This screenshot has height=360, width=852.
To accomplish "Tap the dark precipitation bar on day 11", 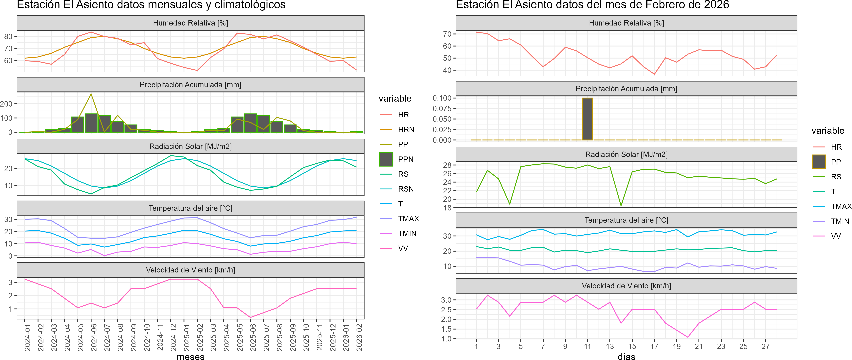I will pyautogui.click(x=587, y=119).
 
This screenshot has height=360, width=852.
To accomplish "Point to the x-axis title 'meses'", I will pyautogui.click(x=190, y=356).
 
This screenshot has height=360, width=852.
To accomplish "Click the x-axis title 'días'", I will pyautogui.click(x=626, y=356).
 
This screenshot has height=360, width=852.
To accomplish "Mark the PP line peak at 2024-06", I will pyautogui.click(x=91, y=94).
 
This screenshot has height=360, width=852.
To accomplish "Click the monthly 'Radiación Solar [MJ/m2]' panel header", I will pyautogui.click(x=190, y=146).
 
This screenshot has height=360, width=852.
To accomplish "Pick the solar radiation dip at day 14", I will pyautogui.click(x=621, y=206).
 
